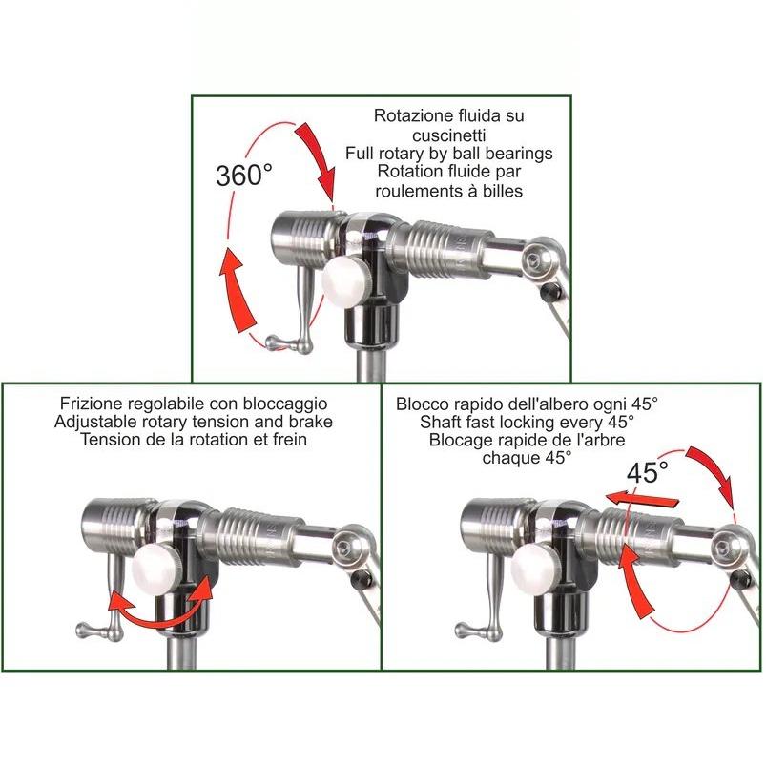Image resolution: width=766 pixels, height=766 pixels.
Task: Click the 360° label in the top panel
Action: (x=243, y=176)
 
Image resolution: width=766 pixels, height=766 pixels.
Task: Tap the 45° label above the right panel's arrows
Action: (x=647, y=471)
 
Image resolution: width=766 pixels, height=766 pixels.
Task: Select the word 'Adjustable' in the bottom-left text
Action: (x=95, y=422)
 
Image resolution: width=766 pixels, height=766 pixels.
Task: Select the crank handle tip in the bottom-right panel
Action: (x=463, y=631)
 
